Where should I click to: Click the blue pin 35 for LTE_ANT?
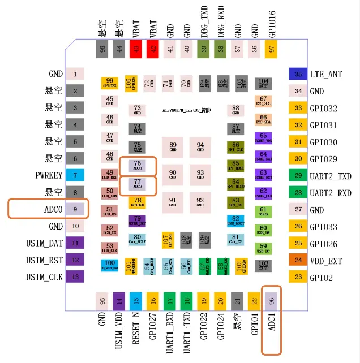pyautogui.click(x=298, y=74)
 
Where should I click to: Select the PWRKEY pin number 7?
pyautogui.click(x=75, y=175)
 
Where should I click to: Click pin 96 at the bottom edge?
pyautogui.click(x=272, y=302)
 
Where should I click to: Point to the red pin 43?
pyautogui.click(x=136, y=49)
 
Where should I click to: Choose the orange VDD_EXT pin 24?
pyautogui.click(x=298, y=260)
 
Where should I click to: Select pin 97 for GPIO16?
pyautogui.click(x=272, y=49)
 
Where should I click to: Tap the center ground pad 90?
pyautogui.click(x=173, y=175)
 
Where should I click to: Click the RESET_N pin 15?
pyautogui.click(x=136, y=302)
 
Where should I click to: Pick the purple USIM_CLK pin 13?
pyautogui.click(x=75, y=277)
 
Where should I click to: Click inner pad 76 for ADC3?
pyautogui.click(x=138, y=165)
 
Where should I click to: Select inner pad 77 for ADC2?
pyautogui.click(x=138, y=184)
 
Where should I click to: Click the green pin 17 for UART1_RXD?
pyautogui.click(x=170, y=302)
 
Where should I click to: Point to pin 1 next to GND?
pyautogui.click(x=75, y=74)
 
